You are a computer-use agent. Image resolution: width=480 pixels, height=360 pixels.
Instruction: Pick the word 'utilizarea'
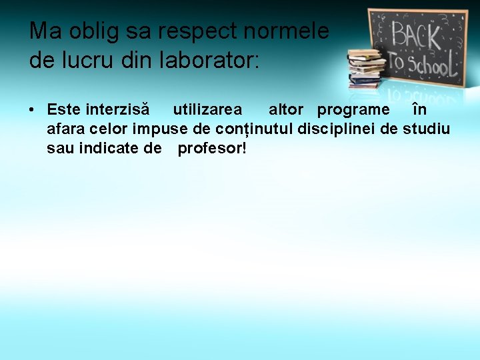click(207, 109)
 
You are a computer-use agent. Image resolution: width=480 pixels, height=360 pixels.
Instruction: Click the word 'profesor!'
click(212, 147)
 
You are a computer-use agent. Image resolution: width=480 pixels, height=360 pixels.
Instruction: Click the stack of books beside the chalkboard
click(366, 68)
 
